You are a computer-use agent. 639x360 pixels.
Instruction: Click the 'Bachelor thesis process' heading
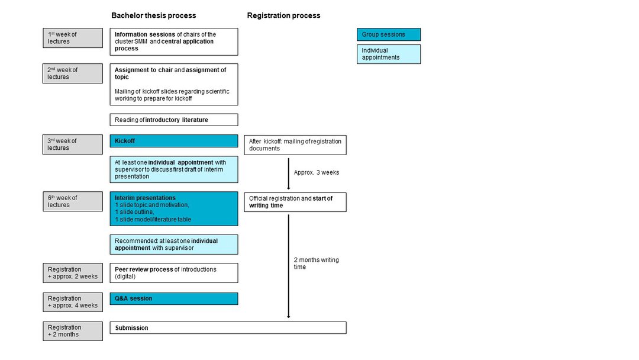(x=154, y=15)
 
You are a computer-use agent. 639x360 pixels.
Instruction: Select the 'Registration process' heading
(x=283, y=15)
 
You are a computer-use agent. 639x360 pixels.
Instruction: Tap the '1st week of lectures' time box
(x=73, y=38)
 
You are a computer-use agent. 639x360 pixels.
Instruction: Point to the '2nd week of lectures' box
(x=73, y=73)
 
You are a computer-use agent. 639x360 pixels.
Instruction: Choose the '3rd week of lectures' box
(x=73, y=144)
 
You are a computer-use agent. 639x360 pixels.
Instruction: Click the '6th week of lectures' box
(x=73, y=201)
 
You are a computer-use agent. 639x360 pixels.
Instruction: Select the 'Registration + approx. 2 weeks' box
(x=73, y=273)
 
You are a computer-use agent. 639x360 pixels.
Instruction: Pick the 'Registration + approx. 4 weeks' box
(x=73, y=302)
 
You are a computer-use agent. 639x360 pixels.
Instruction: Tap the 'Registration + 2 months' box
(x=73, y=331)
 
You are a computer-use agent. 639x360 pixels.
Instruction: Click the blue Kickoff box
(x=174, y=141)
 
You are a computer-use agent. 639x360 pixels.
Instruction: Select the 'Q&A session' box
(x=174, y=299)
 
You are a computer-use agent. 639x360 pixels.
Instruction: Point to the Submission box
(x=228, y=328)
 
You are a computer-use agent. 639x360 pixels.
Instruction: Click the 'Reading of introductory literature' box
(x=174, y=120)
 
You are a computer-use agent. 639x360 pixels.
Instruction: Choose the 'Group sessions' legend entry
(x=389, y=35)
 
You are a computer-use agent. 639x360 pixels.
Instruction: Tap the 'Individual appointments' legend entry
(x=389, y=54)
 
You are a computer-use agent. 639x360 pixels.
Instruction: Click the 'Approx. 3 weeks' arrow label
(x=316, y=172)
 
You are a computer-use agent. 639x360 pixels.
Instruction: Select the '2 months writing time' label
(x=316, y=263)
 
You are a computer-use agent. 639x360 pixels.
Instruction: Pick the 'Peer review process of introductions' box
(x=174, y=273)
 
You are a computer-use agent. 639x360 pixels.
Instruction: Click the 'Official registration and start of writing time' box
(x=295, y=202)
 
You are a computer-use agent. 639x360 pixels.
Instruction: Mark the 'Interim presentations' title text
(x=145, y=198)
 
